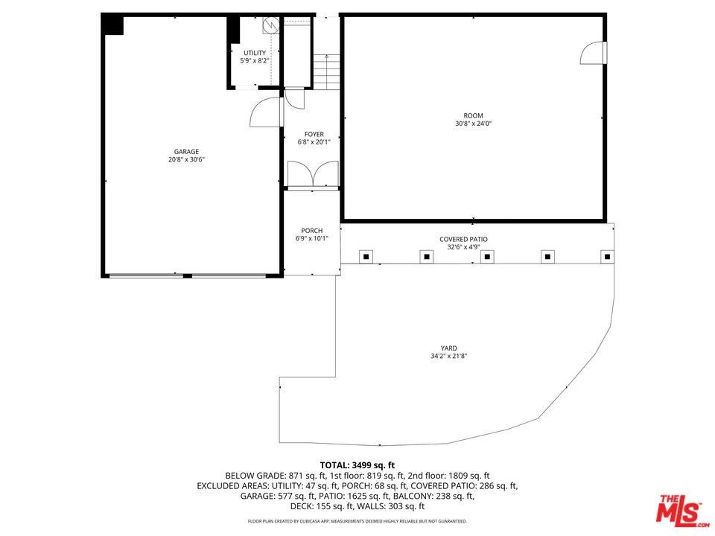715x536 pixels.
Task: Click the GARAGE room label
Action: [x=186, y=152]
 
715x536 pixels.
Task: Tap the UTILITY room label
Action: [x=254, y=53]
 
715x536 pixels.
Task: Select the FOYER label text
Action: [x=314, y=134]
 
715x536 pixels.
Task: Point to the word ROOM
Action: [x=473, y=115]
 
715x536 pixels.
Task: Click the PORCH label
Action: [x=311, y=231]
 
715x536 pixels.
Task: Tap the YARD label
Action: [x=448, y=348]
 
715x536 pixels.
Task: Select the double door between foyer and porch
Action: [x=312, y=176]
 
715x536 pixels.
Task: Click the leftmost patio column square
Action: [x=366, y=257]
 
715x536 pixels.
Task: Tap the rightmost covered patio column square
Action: [x=607, y=257]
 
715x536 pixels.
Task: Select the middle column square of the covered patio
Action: [x=486, y=257]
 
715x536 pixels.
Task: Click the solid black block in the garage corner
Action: [x=113, y=25]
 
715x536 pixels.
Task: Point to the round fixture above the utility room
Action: [x=270, y=25]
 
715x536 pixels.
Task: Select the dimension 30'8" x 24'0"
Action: [x=473, y=124]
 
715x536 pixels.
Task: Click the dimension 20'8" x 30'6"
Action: [x=186, y=160]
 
